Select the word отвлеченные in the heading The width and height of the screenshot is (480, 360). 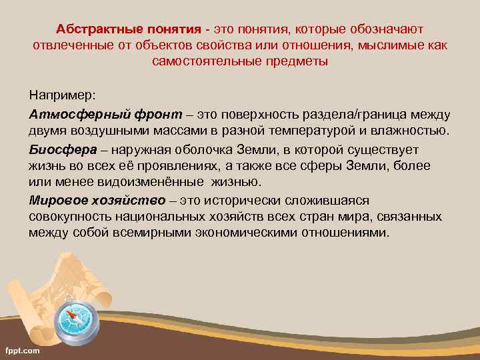point(69,45)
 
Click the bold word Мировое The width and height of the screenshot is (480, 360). point(55,201)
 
